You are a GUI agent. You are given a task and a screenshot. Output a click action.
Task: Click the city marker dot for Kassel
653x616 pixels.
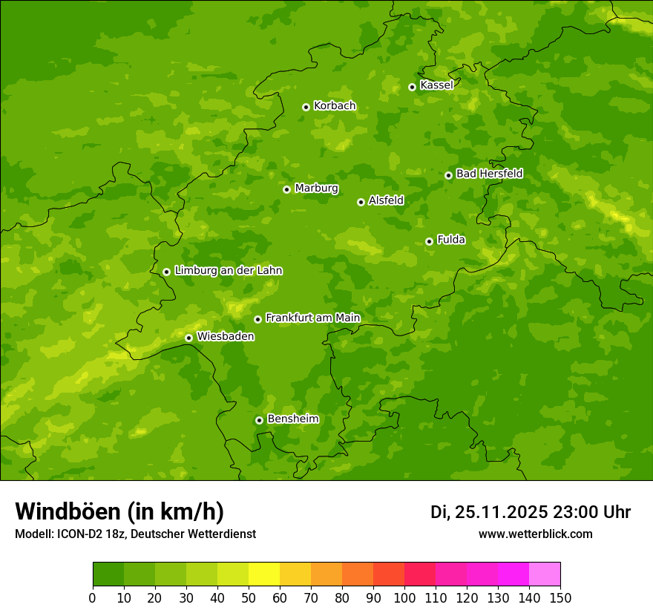click(412, 87)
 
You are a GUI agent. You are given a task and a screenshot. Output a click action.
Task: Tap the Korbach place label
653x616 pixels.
click(335, 106)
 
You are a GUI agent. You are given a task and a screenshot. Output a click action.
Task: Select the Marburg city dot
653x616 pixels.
click(286, 189)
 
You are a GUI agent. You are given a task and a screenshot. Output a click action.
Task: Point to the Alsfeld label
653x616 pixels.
click(386, 200)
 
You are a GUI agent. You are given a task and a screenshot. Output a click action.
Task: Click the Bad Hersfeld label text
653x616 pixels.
click(489, 174)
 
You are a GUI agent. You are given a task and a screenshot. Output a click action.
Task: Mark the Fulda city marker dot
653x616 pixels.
click(429, 241)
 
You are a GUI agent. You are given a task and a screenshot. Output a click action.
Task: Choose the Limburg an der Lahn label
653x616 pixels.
click(228, 271)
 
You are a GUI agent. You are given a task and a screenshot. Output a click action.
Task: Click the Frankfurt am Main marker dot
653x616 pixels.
click(257, 319)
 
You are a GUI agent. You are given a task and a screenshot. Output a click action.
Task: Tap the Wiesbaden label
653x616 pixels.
click(226, 337)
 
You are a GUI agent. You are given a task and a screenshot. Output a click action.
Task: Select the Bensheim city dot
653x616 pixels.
click(259, 420)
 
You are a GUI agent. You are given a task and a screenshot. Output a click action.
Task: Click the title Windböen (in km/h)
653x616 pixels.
click(119, 511)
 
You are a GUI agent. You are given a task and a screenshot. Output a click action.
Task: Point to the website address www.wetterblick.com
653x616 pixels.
click(535, 534)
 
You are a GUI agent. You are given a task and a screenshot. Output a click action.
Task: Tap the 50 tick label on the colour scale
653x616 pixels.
click(249, 597)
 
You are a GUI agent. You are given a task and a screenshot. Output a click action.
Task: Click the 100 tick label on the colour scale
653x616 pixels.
click(404, 597)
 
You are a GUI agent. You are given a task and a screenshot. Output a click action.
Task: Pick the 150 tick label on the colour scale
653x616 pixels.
click(560, 597)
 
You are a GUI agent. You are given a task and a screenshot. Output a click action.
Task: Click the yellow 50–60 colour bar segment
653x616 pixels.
click(264, 574)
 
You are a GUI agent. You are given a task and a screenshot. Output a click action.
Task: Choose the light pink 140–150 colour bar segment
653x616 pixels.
click(545, 574)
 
